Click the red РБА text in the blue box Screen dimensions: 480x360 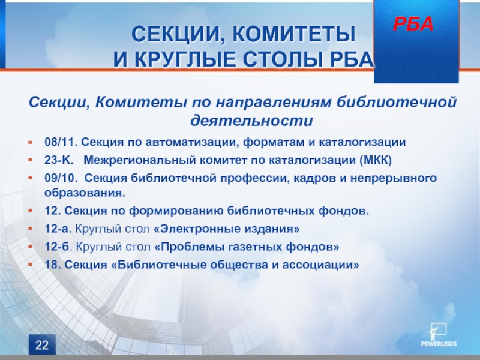[413, 24]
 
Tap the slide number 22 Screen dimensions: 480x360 [42, 345]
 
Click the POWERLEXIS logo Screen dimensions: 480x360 [439, 335]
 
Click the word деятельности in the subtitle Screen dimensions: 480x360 [251, 121]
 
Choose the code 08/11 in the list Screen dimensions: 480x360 [61, 142]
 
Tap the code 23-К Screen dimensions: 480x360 [59, 160]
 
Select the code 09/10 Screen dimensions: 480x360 [61, 178]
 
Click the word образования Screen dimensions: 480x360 [85, 193]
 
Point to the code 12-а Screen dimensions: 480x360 [58, 229]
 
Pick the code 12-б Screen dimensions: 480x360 [57, 247]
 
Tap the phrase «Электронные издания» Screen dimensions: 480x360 [226, 229]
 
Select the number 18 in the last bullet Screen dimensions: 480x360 [52, 265]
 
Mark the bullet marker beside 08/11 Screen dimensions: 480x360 [30, 142]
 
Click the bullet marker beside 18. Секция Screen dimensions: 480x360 [30, 265]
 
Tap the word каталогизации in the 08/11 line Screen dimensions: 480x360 [362, 142]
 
